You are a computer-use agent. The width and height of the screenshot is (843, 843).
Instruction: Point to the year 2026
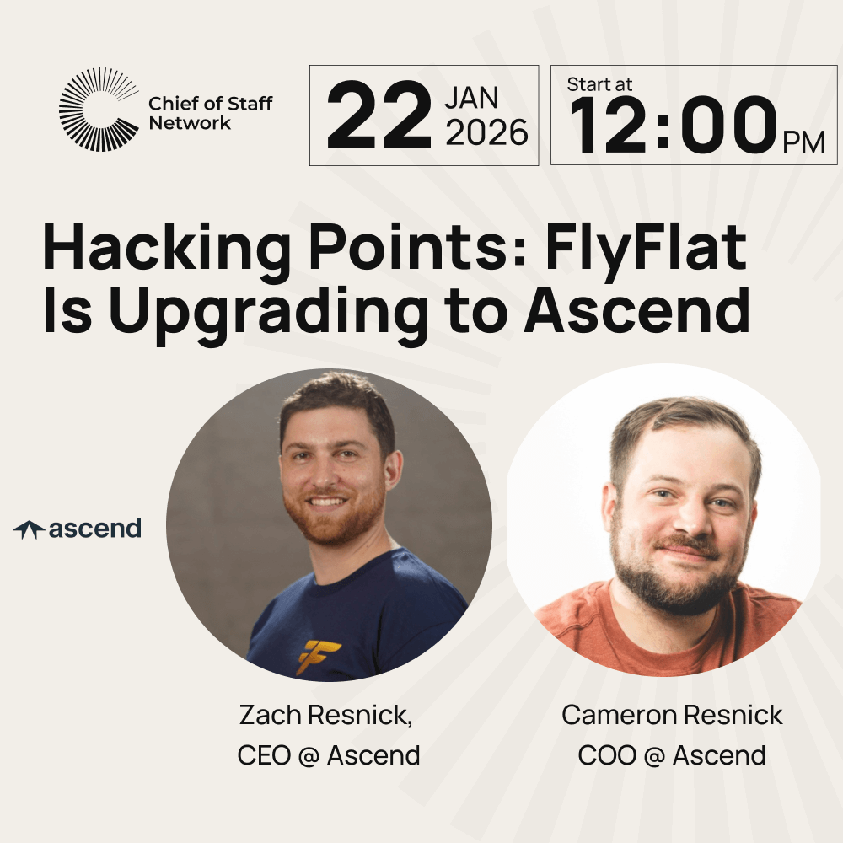[486, 133]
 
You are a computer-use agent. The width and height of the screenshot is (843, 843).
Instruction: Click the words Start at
[599, 84]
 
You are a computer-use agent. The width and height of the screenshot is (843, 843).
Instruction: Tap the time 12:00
[670, 124]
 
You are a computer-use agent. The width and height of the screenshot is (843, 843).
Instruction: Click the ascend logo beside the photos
[78, 529]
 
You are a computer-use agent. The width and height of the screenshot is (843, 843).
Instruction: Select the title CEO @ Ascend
[329, 754]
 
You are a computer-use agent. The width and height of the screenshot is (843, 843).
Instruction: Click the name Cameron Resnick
[672, 716]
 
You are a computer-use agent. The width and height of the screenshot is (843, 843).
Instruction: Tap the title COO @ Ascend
[672, 754]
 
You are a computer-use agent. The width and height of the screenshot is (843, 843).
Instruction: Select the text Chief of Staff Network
[210, 113]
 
